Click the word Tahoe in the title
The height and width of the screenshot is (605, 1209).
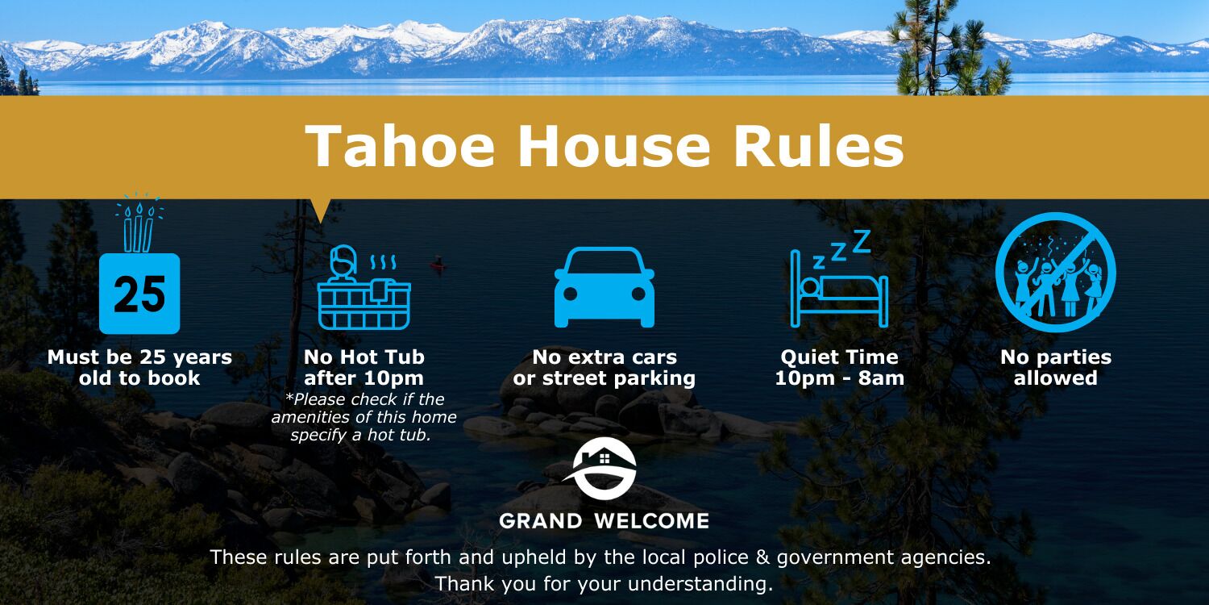coord(400,146)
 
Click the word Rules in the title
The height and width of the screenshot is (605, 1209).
coord(819,146)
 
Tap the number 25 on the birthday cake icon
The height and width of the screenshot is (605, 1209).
coord(139,294)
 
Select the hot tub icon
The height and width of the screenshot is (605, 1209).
coord(364,287)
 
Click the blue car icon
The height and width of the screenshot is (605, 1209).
coord(604,287)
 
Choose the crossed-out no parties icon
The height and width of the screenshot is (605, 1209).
coord(1055,272)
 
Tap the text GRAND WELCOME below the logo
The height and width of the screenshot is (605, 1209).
coord(604,521)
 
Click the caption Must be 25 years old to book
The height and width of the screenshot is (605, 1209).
coord(139,367)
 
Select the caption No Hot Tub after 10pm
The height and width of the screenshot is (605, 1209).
coord(364,367)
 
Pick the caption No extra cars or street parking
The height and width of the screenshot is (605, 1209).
coord(604,367)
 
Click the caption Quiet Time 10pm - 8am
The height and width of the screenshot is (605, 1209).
coord(839,367)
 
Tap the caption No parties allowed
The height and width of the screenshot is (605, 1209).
coord(1055,367)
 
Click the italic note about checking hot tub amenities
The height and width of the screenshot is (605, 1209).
coord(364,417)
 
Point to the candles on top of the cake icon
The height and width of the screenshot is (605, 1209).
coord(139,227)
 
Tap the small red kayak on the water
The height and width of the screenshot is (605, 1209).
coord(437,263)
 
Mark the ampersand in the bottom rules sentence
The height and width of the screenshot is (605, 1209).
coord(762,557)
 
